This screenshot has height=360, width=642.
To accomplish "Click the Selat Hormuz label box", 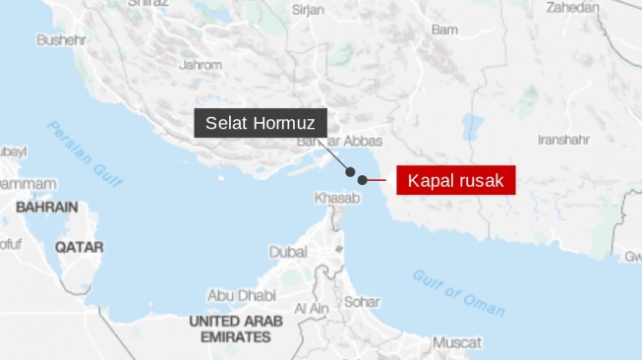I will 260,123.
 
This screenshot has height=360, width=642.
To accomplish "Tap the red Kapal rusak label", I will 455,181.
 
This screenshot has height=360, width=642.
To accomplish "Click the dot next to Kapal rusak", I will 363,180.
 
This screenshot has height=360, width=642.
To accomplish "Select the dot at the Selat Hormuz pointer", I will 350,172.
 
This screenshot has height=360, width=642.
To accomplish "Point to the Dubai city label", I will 288,252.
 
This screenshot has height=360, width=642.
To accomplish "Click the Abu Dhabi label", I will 241,295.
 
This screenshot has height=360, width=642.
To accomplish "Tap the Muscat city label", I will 457,343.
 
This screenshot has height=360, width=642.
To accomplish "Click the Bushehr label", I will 61,40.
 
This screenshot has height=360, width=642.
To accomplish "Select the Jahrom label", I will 201,65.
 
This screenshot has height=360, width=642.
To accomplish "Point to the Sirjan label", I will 308,9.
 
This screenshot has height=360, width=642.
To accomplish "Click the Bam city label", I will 444,30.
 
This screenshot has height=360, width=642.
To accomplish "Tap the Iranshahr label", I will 562,140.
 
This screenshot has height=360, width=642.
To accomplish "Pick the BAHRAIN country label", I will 46,208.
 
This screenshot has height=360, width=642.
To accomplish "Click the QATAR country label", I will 79,248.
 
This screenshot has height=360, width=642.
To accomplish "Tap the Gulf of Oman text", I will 458,292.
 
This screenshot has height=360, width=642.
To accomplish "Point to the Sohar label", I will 362,302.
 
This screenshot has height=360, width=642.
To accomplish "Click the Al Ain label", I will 311,309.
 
